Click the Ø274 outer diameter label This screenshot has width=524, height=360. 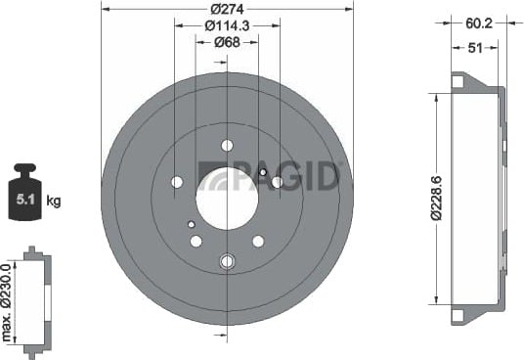coord(227,10)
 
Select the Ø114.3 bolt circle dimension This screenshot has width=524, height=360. coord(227,25)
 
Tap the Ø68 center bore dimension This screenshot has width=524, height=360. coord(227,42)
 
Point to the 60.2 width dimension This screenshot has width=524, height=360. coord(479,23)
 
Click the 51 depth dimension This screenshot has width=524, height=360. coord(475,48)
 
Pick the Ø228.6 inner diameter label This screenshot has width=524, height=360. coord(437,198)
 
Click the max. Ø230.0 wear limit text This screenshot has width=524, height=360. coord(7,302)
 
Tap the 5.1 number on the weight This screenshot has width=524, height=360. coord(25,200)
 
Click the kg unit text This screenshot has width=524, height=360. coord(54,201)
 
